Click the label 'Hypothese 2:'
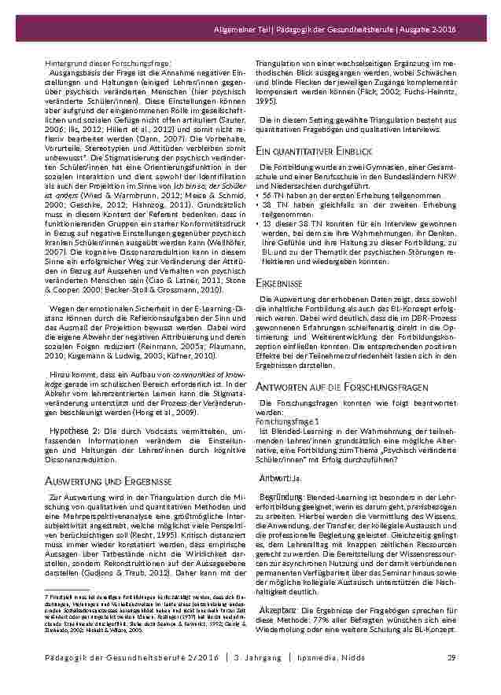click(75, 432)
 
